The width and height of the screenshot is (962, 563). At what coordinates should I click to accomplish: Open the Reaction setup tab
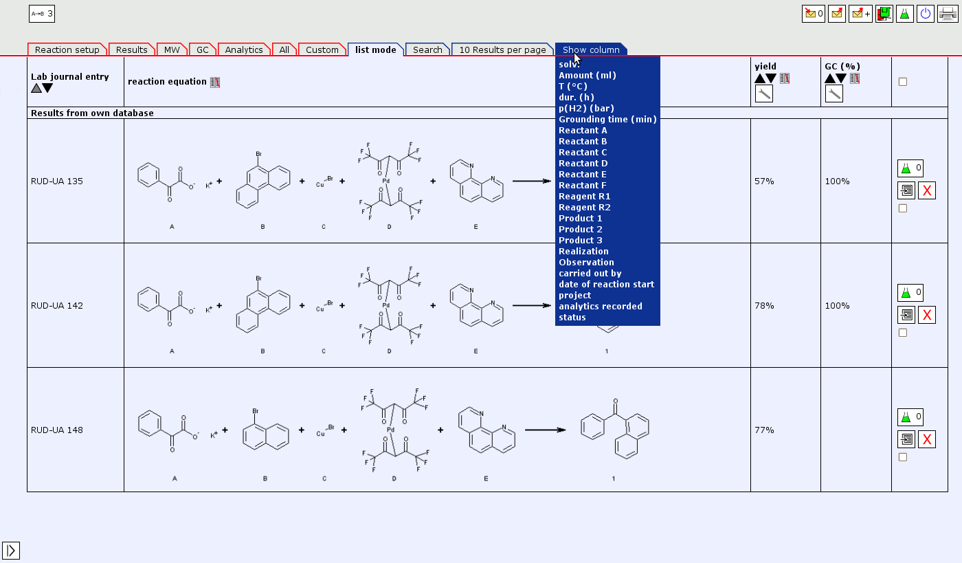click(67, 50)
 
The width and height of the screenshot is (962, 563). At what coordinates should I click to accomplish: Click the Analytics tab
click(244, 50)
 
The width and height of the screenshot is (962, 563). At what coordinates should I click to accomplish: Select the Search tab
click(427, 50)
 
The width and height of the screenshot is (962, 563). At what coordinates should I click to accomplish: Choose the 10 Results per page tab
click(502, 50)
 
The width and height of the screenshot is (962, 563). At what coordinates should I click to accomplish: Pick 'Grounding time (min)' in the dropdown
click(607, 120)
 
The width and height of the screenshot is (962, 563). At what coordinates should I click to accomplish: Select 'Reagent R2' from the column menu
click(585, 208)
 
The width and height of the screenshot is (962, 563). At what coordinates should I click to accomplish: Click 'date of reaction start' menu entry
click(606, 285)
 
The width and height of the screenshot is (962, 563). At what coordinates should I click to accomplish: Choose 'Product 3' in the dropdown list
click(581, 240)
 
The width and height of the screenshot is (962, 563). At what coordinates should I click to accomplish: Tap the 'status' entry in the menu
click(572, 318)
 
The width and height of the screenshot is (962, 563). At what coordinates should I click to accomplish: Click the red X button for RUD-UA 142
click(927, 315)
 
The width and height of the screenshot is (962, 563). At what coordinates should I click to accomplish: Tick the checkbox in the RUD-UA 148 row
click(903, 457)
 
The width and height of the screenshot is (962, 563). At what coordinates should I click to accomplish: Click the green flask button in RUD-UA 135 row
click(910, 168)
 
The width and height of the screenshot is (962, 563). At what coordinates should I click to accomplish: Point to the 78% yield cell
click(764, 306)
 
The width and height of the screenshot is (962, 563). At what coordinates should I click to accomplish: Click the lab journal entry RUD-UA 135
click(56, 181)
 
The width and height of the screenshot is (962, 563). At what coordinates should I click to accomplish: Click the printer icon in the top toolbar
click(948, 14)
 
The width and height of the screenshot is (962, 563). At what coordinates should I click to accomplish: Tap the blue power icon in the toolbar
click(925, 14)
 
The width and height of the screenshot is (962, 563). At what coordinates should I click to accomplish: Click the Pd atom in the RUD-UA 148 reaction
click(390, 430)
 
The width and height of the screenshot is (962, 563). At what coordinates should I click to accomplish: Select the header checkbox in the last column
click(903, 82)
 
